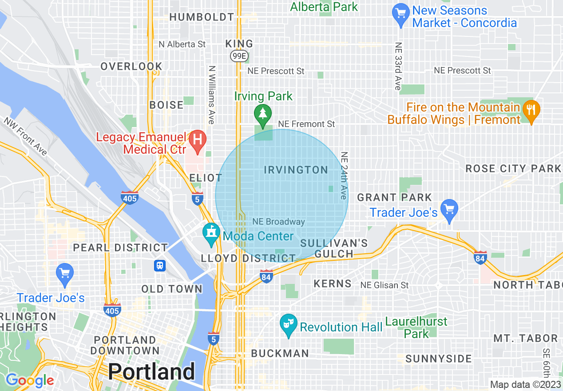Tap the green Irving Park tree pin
point(263,114)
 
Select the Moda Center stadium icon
point(211,234)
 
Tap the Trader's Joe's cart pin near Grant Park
point(449,210)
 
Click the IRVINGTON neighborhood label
point(296,170)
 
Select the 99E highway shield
point(238,56)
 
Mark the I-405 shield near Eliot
point(130,198)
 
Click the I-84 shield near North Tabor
point(480,258)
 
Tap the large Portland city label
point(151,371)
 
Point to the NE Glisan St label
point(384,285)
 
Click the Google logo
point(29,380)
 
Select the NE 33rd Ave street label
point(397,67)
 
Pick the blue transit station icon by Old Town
point(160,265)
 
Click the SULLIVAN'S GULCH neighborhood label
point(334,248)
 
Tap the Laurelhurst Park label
point(416,327)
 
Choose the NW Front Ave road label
point(25,136)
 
